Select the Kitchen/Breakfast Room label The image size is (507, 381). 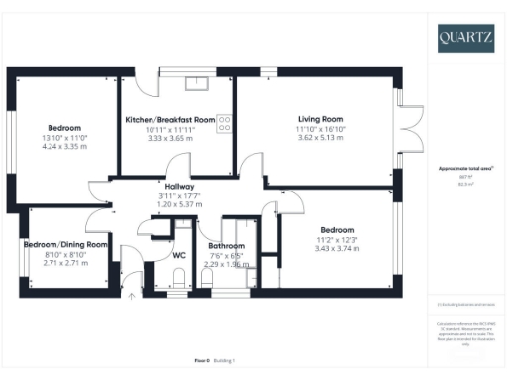click(170, 120)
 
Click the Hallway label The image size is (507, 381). click(179, 186)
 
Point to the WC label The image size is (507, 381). click(179, 255)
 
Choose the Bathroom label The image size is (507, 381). click(226, 245)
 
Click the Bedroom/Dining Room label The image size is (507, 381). click(66, 244)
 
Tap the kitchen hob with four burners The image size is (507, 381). click(224, 123)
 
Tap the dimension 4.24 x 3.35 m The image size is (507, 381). click(64, 145)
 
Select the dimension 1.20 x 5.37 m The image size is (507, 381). click(179, 203)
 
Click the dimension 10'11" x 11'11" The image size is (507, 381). click(170, 129)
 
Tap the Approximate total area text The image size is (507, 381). click(463, 170)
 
